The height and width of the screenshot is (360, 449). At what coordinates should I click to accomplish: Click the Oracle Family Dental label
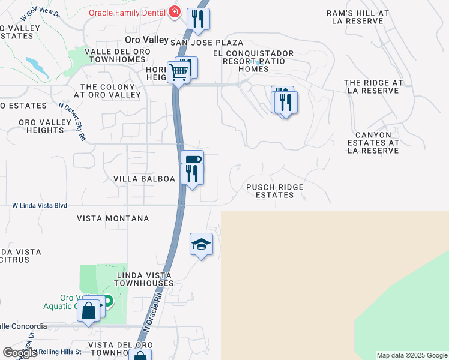click(x=127, y=12)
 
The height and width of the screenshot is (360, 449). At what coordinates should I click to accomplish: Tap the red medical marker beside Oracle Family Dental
click(x=174, y=12)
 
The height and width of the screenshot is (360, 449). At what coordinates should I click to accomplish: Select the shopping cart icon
click(x=178, y=73)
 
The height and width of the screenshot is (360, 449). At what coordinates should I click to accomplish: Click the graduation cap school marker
click(x=202, y=244)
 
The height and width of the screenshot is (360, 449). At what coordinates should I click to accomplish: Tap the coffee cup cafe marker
click(x=192, y=159)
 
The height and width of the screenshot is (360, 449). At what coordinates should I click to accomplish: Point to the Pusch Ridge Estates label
click(x=275, y=191)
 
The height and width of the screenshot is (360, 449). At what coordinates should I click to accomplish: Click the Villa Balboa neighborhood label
click(x=144, y=179)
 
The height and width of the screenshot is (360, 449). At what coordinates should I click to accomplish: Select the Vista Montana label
click(x=113, y=218)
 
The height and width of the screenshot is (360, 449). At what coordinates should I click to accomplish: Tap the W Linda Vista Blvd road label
click(x=40, y=205)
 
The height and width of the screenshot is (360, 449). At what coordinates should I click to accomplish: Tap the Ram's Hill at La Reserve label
click(x=358, y=17)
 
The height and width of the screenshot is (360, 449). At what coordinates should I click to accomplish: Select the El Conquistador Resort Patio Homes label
click(x=253, y=61)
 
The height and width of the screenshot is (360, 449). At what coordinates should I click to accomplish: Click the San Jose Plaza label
click(x=207, y=43)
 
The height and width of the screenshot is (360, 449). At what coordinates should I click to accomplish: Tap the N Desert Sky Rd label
click(x=72, y=121)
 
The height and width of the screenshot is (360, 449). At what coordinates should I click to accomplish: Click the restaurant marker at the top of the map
click(x=198, y=19)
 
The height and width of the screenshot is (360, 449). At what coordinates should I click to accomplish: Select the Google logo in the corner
click(x=19, y=353)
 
